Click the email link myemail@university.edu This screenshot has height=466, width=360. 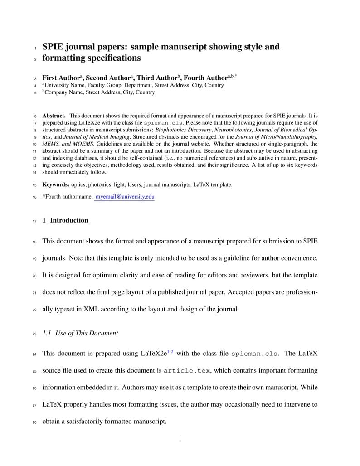[125, 197]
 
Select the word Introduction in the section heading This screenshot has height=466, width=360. [69, 220]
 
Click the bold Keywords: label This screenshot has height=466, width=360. [56, 185]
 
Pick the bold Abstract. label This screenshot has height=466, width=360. [54, 116]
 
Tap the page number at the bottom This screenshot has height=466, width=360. [180, 438]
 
